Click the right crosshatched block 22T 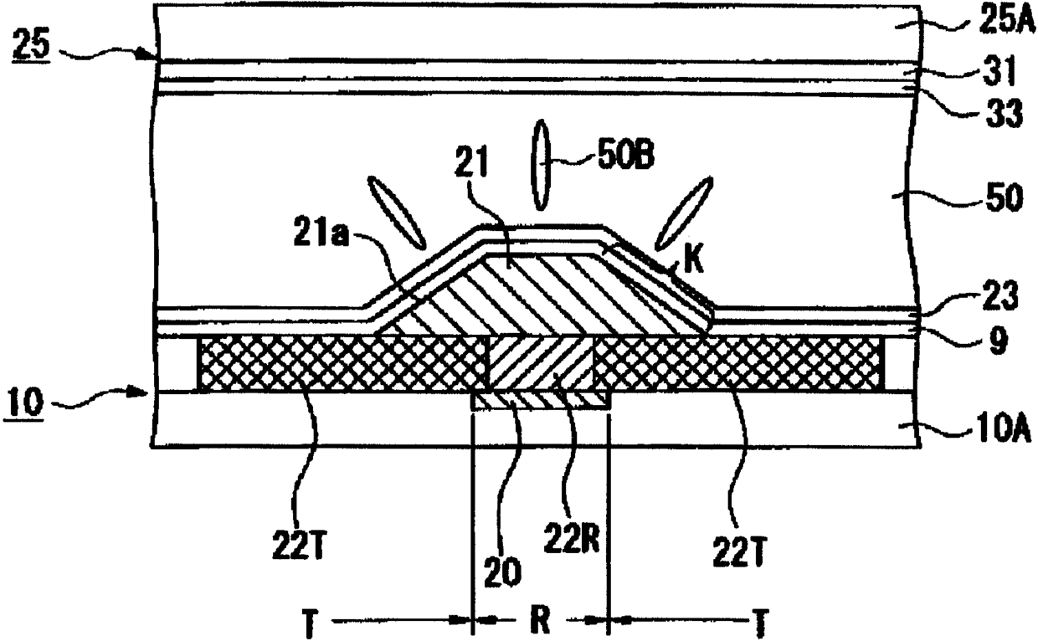tap(737, 363)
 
